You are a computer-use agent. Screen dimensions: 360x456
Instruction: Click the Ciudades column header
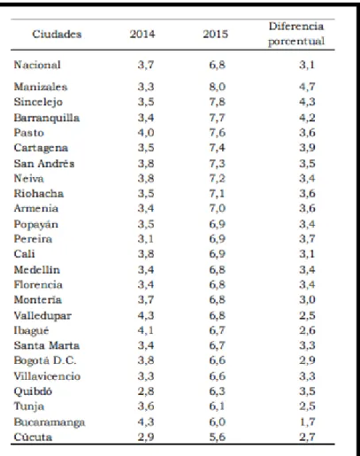click(57, 34)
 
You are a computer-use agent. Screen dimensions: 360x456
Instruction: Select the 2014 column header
click(142, 34)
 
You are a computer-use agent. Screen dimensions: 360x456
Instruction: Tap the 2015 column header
click(215, 34)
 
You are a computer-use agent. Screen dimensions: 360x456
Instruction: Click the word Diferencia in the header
click(296, 27)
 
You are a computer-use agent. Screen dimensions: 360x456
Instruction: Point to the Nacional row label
click(37, 65)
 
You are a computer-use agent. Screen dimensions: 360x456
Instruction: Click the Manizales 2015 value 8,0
click(218, 87)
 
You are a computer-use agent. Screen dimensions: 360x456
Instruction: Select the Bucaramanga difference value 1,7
click(307, 421)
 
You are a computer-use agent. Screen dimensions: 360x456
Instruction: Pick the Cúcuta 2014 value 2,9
click(146, 437)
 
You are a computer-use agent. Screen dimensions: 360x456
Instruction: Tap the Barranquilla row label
click(47, 118)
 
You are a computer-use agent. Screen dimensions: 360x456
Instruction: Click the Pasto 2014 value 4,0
click(146, 133)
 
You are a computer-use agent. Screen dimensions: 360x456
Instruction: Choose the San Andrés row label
click(44, 164)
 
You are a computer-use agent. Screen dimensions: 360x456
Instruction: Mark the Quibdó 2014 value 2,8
click(146, 391)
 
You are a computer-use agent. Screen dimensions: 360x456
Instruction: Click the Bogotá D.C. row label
click(45, 360)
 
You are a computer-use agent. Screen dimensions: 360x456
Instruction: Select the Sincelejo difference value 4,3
click(307, 102)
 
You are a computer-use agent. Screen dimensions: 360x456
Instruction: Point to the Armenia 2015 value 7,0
click(218, 208)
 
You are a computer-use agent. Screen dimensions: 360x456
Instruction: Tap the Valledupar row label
click(42, 315)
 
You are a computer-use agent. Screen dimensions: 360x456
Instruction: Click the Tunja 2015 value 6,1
click(218, 406)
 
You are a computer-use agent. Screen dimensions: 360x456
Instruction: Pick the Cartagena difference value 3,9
click(307, 148)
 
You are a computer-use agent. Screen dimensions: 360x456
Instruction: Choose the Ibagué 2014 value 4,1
click(146, 330)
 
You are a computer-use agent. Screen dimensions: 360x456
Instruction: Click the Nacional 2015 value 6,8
click(218, 65)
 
